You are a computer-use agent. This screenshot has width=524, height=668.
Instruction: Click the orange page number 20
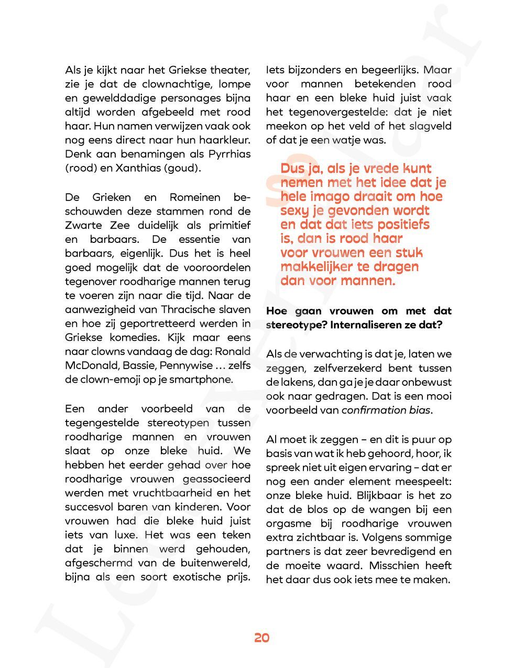(x=262, y=638)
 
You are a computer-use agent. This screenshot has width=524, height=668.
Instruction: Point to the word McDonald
(x=86, y=365)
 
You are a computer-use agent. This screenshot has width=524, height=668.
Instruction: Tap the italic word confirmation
(x=374, y=410)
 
